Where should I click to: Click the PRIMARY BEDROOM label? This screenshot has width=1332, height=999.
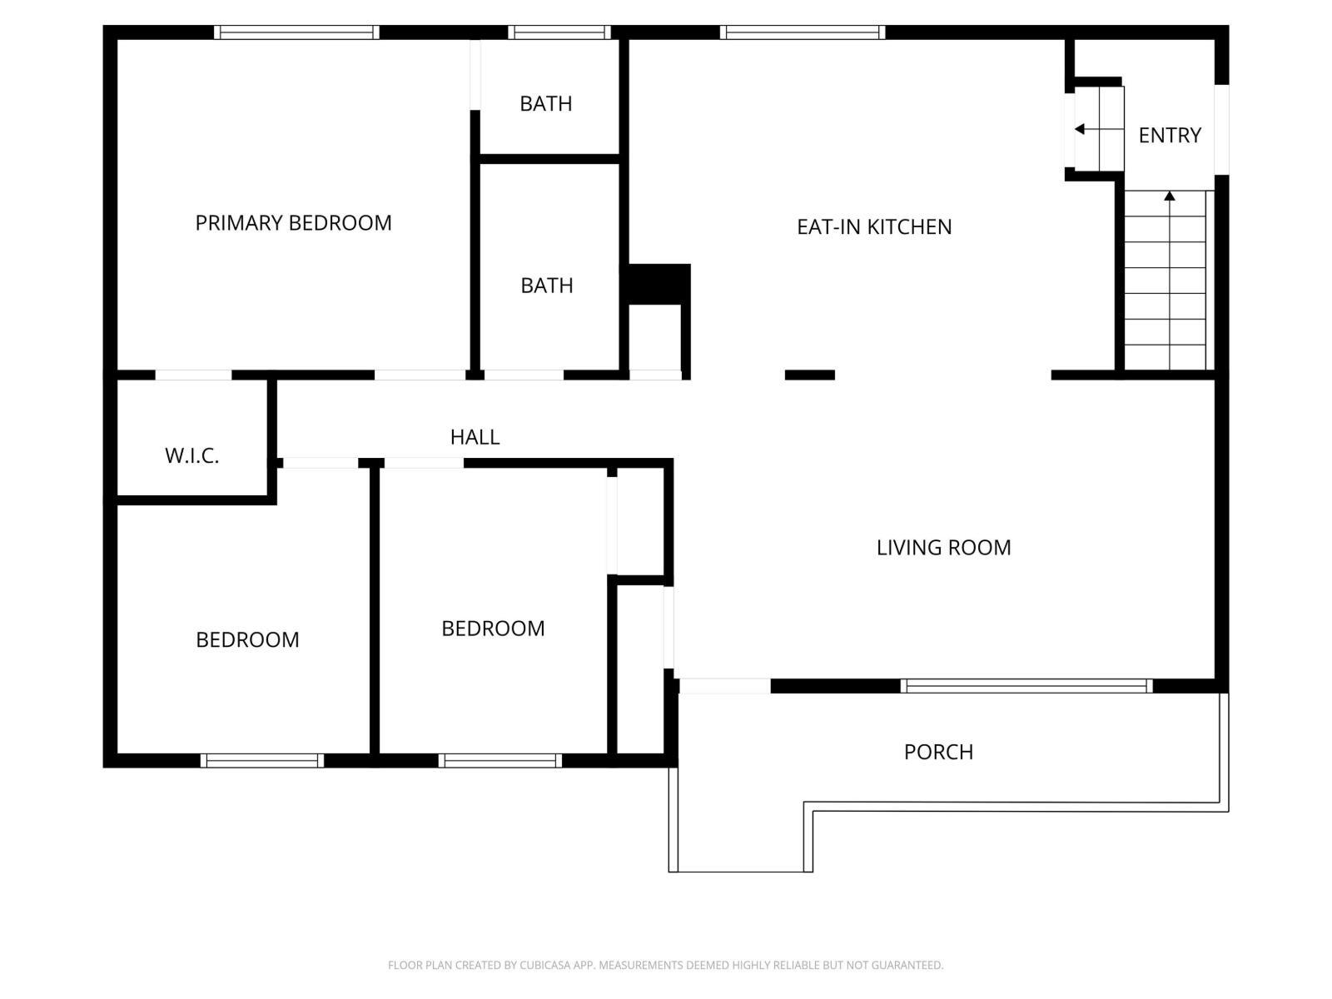[293, 223]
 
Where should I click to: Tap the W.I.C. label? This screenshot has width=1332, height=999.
[191, 456]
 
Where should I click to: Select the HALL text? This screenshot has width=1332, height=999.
[475, 437]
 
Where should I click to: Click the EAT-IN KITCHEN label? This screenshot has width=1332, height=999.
[874, 226]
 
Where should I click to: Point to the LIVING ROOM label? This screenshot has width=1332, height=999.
[943, 548]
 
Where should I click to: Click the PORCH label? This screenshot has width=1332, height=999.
[938, 752]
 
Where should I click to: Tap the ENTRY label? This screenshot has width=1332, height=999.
[1170, 135]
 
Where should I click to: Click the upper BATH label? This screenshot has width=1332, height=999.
[546, 104]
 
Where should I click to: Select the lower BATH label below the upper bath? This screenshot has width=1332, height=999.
[547, 286]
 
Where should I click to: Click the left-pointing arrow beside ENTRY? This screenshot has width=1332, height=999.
[1080, 129]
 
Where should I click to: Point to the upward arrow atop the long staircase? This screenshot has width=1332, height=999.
[1170, 196]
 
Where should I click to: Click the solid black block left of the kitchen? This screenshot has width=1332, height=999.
[658, 284]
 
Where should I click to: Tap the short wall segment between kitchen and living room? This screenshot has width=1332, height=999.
[809, 375]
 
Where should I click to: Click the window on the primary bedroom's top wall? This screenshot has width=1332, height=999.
[296, 32]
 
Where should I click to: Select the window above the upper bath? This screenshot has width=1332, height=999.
[559, 32]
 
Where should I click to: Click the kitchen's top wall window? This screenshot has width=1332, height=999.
[803, 32]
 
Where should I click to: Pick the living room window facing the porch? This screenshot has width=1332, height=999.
[1026, 686]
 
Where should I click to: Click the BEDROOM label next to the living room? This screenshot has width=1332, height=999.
[493, 629]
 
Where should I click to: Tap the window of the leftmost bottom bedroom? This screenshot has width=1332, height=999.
[262, 760]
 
